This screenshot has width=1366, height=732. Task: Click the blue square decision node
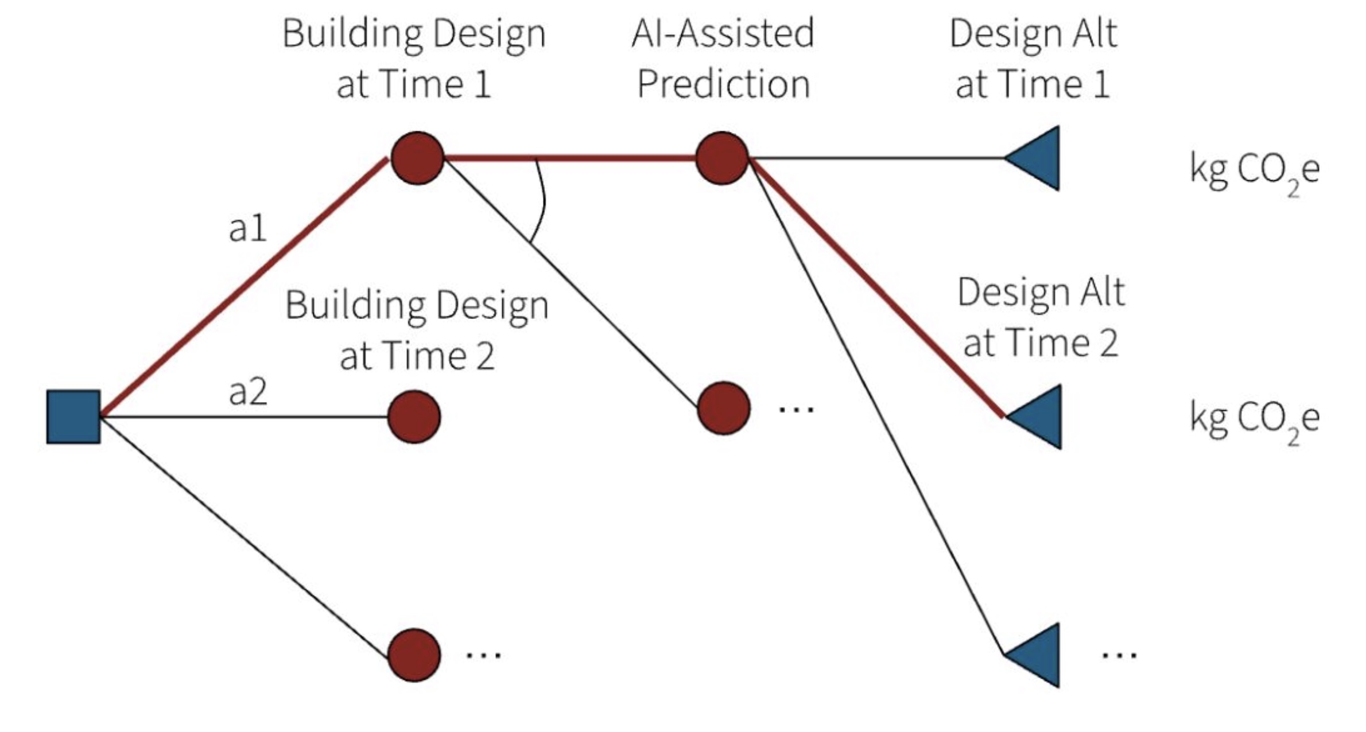tap(73, 416)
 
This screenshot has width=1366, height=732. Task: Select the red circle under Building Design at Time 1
tap(417, 158)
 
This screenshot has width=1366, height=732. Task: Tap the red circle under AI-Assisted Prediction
tap(722, 158)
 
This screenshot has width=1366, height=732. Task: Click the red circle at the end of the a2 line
tap(414, 416)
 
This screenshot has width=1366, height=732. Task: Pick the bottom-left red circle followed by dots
tap(414, 655)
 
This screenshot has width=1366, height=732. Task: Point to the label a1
tap(247, 228)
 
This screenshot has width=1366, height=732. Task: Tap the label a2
tap(247, 392)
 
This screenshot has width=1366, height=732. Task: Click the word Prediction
tap(723, 84)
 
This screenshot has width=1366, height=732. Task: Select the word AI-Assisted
tap(723, 33)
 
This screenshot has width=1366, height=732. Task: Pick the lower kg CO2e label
tap(1254, 419)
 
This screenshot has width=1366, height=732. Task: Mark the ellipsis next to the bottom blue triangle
tap(1119, 655)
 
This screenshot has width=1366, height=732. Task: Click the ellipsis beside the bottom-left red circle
tap(483, 655)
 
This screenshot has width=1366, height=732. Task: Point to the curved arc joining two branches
tap(542, 201)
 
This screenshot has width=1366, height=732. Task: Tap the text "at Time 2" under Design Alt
tap(1040, 343)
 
